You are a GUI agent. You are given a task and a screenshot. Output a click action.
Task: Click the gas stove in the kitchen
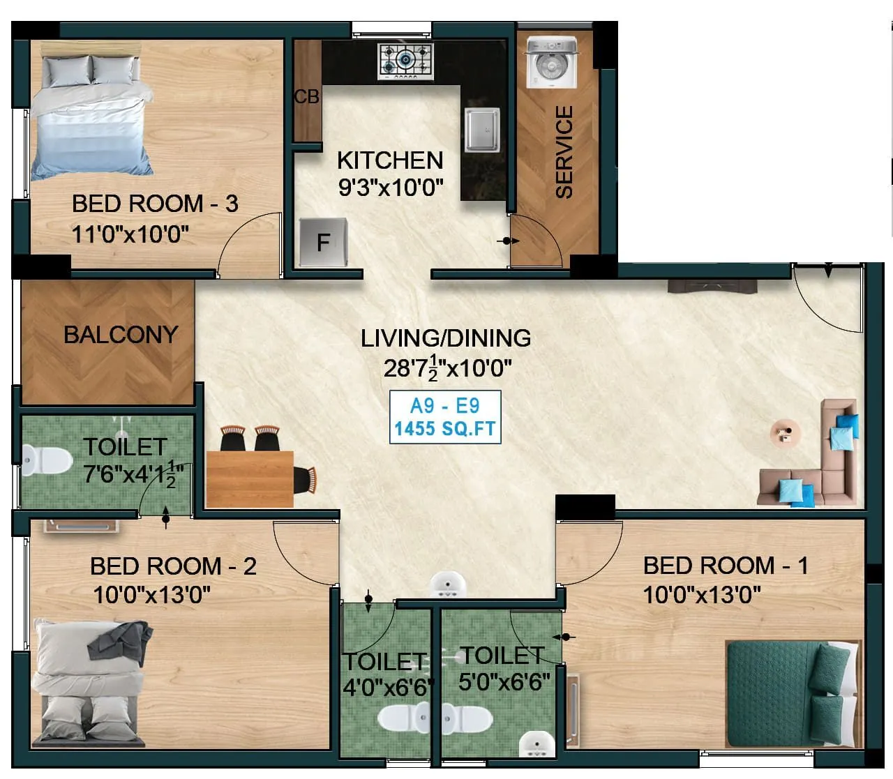(406, 60)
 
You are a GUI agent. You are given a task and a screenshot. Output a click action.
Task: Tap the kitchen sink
(482, 128)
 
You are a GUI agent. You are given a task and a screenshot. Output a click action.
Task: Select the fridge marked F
(323, 241)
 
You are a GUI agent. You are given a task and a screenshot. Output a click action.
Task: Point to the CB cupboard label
(306, 97)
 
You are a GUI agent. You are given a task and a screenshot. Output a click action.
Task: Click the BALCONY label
(121, 335)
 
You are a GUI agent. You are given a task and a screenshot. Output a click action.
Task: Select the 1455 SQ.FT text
(445, 428)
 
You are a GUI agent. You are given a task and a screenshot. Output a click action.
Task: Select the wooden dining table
(249, 478)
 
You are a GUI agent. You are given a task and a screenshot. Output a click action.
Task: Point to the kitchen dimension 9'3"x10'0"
(390, 188)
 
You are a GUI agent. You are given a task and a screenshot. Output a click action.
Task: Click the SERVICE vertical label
(564, 151)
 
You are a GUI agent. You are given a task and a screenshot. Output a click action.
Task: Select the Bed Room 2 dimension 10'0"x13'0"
(152, 595)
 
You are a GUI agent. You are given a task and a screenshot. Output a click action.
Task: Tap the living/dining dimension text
(447, 368)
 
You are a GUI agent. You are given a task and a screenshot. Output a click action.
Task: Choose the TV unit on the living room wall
(712, 286)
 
